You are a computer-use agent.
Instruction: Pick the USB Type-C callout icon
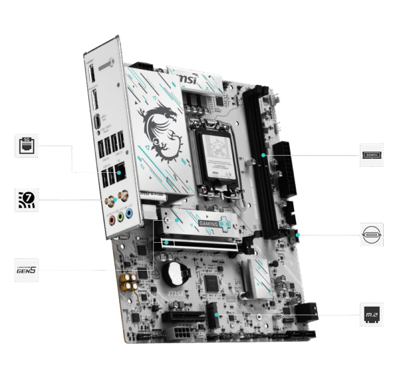372,235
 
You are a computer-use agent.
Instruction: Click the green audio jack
120,216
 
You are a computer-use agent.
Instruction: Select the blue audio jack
131,214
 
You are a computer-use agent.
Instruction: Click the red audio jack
110,219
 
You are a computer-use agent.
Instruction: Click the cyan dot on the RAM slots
264,154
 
